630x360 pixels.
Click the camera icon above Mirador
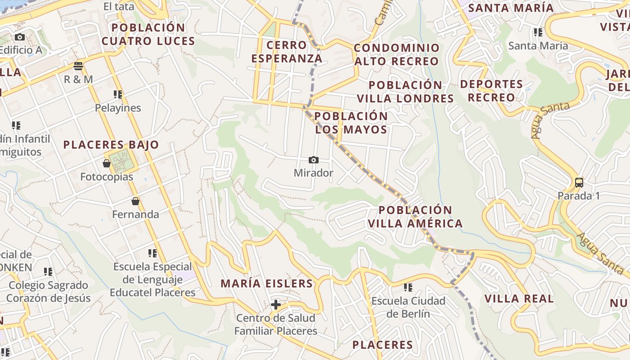(x=314, y=160)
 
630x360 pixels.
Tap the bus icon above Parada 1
(x=579, y=183)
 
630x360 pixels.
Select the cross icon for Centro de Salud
(x=276, y=305)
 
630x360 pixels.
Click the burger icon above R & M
(x=79, y=66)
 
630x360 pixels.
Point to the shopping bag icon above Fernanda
(x=135, y=201)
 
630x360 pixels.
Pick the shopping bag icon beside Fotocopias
(x=107, y=163)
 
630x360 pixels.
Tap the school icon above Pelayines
(x=118, y=94)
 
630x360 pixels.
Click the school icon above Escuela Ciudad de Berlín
(x=408, y=287)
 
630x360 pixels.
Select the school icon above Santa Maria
(x=538, y=32)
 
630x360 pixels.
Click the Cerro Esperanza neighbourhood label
(x=287, y=52)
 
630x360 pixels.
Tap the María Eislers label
(x=266, y=283)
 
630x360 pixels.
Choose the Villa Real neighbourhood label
(x=519, y=299)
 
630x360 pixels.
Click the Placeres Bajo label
(x=111, y=145)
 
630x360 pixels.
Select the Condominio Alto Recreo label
(x=396, y=54)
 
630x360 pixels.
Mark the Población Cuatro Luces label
(x=148, y=35)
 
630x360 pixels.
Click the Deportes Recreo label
(x=491, y=91)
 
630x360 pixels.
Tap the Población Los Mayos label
(x=351, y=123)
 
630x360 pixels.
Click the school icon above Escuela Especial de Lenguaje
(x=153, y=253)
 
